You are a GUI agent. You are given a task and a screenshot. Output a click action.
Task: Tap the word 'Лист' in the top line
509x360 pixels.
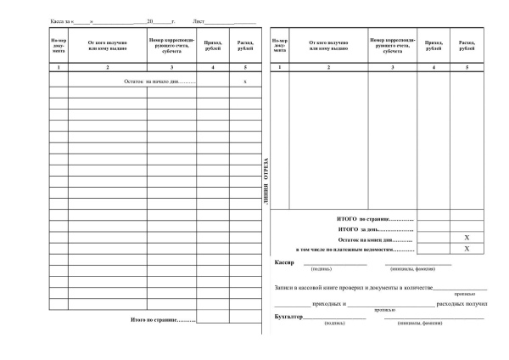tap(199, 19)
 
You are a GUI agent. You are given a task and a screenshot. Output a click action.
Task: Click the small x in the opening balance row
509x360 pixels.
tap(244, 81)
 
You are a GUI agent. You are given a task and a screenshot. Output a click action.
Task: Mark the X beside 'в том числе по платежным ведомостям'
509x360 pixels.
tap(467, 249)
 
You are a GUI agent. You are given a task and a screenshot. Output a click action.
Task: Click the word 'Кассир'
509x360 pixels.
tap(285, 263)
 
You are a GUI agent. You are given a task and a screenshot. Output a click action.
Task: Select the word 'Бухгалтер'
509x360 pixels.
tap(288, 316)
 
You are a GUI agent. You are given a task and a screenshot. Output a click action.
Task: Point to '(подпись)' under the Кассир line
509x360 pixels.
tap(322, 270)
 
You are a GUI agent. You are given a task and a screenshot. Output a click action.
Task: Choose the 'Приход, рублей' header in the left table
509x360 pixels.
tap(213, 45)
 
